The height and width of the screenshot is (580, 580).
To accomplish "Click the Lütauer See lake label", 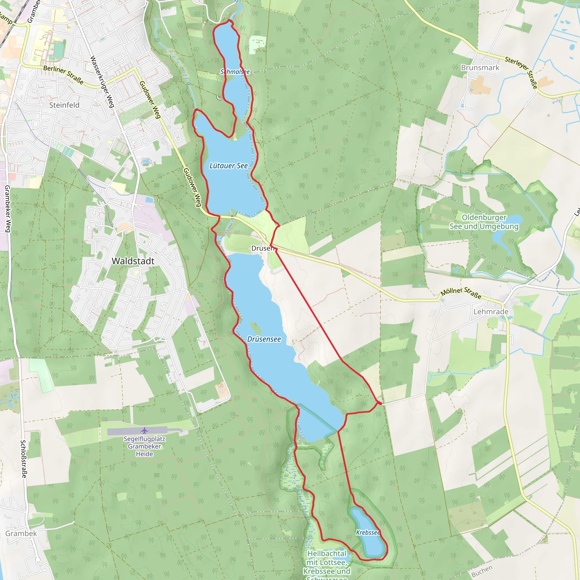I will pos(229,166).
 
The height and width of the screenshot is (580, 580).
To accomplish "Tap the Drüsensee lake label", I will pos(264,339).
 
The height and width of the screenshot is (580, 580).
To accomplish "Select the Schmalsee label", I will pos(235,72).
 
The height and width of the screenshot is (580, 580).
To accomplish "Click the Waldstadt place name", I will pos(133,261).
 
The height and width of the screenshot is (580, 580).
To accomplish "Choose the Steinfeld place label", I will pos(64,105).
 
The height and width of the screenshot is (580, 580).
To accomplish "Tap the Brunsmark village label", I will pos(480,68).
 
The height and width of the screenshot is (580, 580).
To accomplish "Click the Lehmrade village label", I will pos(491,312).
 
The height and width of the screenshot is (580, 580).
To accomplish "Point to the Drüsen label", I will pos(262,248).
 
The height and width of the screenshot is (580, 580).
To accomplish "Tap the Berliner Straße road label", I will pos(63,74).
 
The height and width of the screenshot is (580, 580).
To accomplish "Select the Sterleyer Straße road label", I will pos(521,72).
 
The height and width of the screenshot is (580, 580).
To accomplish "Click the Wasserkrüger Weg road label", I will pos(102,82).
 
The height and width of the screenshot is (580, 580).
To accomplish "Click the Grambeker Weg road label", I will pos(8,209).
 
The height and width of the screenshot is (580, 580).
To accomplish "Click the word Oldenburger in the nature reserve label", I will pos(484,217).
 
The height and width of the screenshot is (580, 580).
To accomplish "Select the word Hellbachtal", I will pos(327,554).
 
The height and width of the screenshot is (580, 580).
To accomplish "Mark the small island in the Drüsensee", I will pos(255,328).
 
